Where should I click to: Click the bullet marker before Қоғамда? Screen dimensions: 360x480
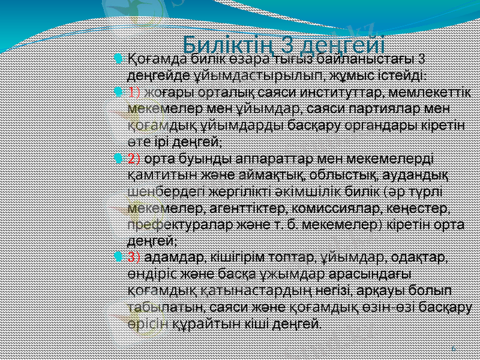[x=118, y=59]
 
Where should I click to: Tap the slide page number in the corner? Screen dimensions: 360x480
[x=452, y=348]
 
